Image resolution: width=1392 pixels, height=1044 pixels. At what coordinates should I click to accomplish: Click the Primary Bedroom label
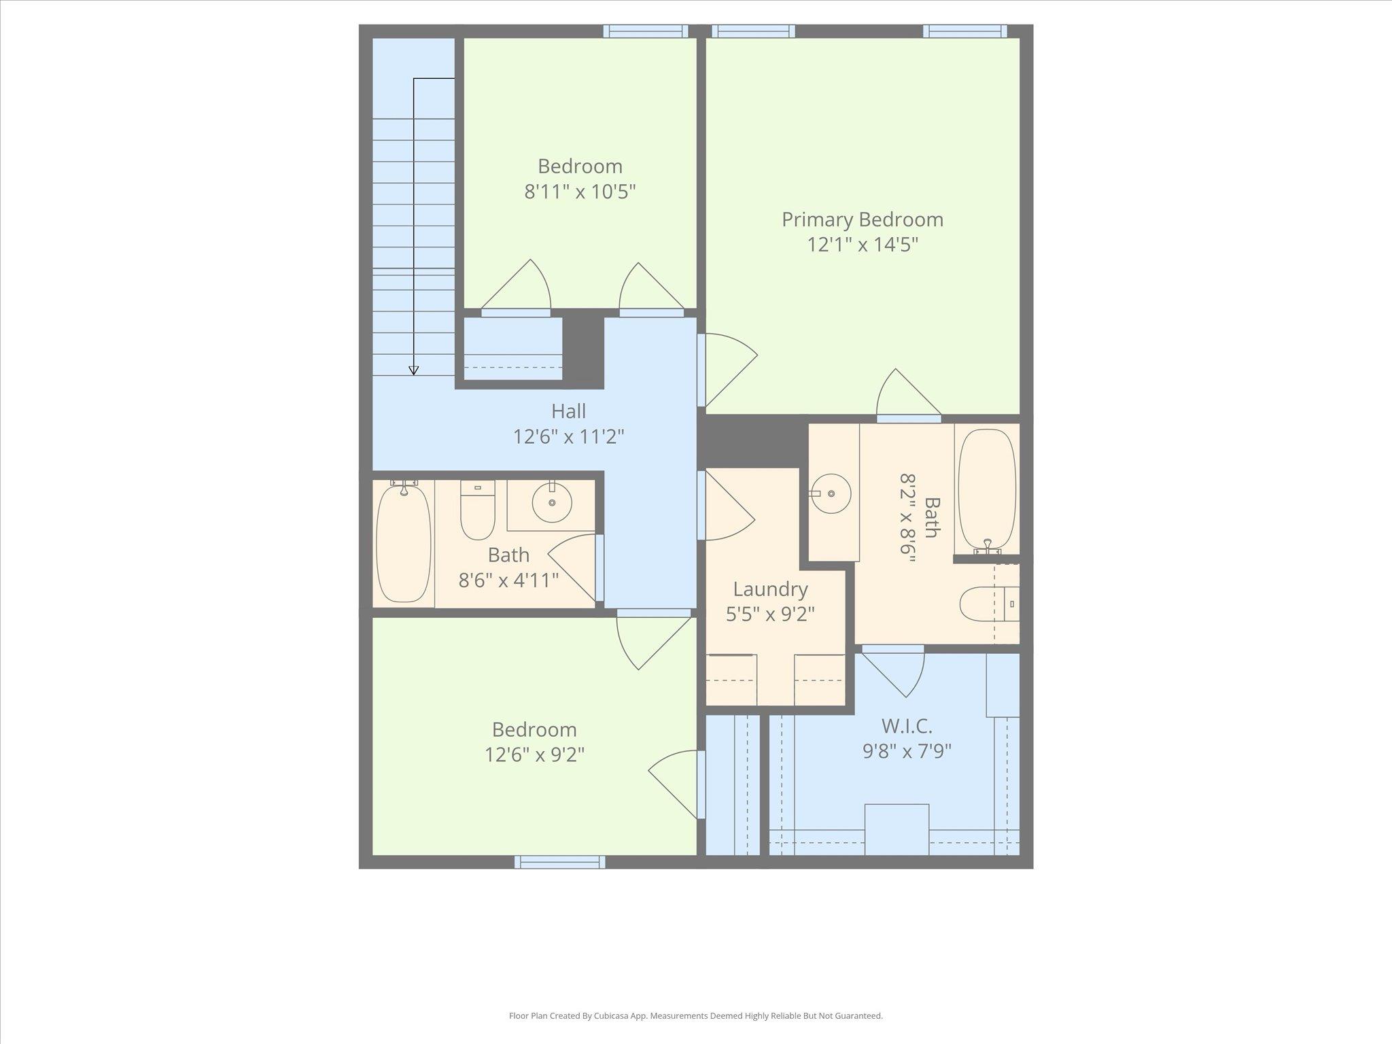coord(862,220)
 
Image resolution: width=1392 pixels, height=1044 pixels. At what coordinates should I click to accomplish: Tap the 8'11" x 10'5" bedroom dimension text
coord(580,192)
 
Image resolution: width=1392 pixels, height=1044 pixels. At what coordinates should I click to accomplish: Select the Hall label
coord(568,411)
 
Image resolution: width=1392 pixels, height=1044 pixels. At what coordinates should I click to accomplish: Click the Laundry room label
coord(770,589)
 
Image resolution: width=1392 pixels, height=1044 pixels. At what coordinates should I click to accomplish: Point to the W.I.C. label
coord(907,726)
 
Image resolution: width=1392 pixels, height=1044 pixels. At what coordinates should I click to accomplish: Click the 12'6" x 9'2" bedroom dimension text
coord(534,754)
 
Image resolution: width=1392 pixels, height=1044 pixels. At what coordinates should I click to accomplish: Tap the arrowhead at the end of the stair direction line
coord(413,370)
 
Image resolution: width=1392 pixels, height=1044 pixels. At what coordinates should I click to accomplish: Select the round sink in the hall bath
coord(551,502)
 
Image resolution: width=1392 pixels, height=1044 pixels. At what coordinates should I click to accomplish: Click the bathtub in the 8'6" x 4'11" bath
coord(404,542)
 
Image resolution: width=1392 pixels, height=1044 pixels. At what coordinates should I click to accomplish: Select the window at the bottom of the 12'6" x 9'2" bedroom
coord(559,862)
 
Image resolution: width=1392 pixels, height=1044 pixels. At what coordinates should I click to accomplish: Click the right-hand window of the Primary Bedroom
coord(964,31)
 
